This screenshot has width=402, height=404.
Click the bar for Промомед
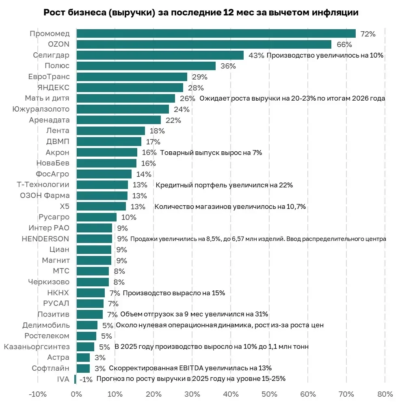point(216,34)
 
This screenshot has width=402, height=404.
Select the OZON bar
point(203,44)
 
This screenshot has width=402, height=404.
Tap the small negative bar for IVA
point(75,379)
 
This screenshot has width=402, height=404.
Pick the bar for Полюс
point(146,66)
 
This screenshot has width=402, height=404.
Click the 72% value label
point(367,34)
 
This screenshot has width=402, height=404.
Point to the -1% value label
point(86,379)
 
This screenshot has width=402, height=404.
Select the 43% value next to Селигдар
point(256,55)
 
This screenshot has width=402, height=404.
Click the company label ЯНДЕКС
point(53,88)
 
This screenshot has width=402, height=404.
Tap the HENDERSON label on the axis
point(45,239)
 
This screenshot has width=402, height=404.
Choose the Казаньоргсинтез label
point(37,347)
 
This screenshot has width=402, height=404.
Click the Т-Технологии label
point(43,185)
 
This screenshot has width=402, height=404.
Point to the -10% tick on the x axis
point(38,394)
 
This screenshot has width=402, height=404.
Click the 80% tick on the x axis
point(385,394)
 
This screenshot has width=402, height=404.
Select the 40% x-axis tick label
point(231,394)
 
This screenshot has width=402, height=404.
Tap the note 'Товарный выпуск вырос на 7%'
point(211,153)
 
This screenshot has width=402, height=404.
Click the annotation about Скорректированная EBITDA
point(190,368)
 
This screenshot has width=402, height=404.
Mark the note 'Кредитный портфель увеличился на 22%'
point(224,185)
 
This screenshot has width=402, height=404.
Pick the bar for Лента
point(110,131)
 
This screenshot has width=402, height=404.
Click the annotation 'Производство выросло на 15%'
point(173,293)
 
